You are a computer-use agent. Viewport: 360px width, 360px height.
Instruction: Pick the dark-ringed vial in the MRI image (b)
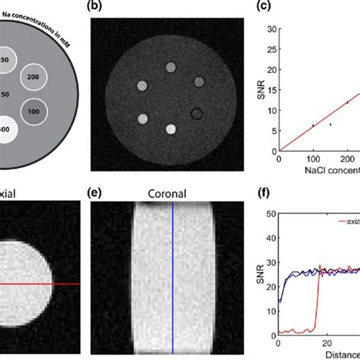tap(197, 115)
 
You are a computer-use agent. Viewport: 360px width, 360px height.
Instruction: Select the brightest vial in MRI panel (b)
tap(171, 129)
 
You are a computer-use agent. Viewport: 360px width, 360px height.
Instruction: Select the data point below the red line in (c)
tap(330, 124)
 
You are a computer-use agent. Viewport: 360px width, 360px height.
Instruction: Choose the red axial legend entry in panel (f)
tap(346, 221)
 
